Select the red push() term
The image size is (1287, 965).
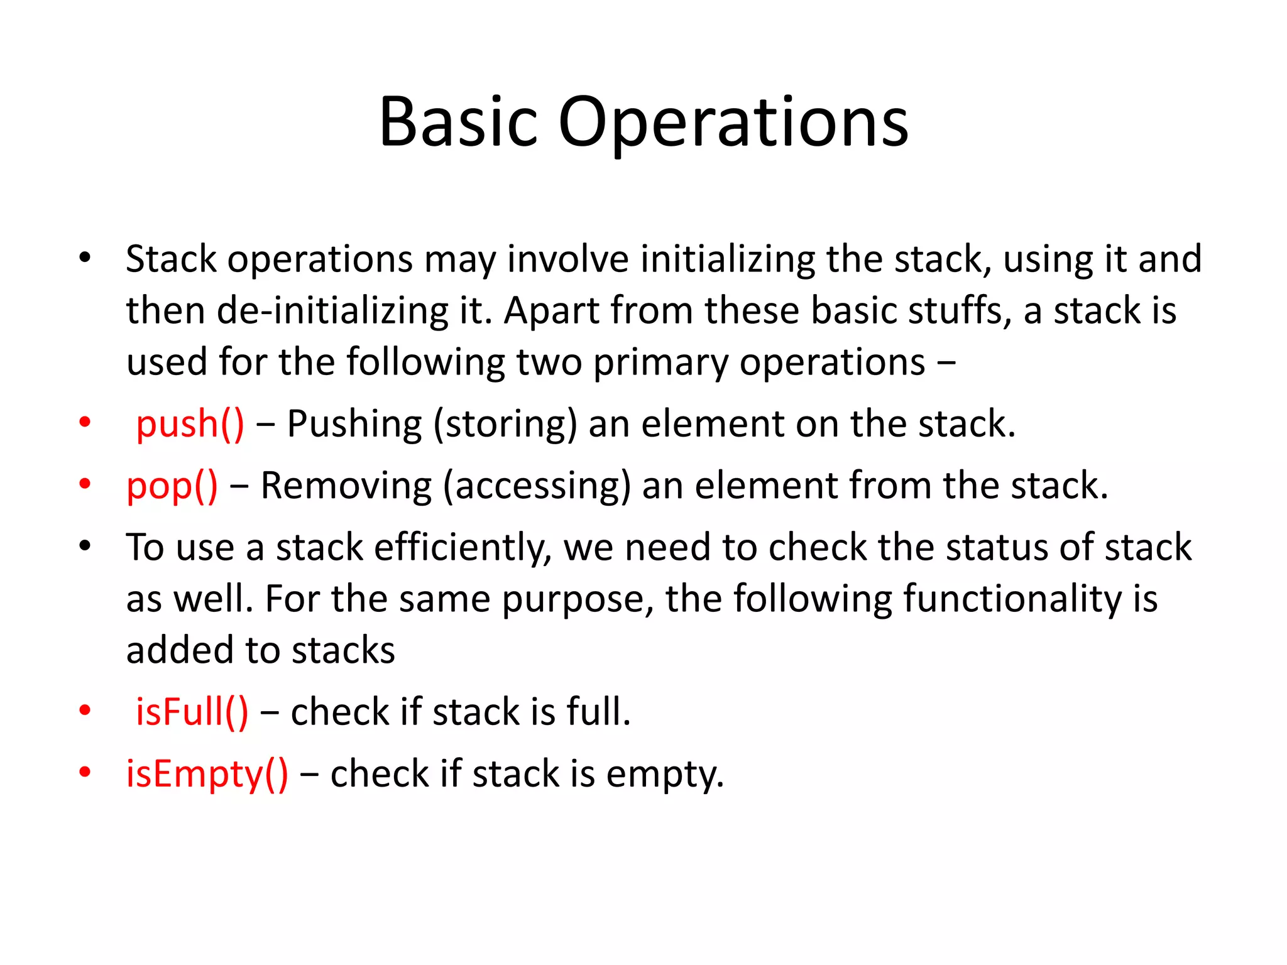tap(190, 423)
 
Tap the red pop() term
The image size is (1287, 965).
tap(172, 486)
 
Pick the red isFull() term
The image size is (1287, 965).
tap(192, 712)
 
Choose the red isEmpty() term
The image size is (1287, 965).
tap(207, 773)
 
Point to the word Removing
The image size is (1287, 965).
tap(346, 486)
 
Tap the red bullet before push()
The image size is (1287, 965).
tap(85, 422)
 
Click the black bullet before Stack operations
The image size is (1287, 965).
tap(85, 257)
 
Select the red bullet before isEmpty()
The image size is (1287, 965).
tap(85, 771)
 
